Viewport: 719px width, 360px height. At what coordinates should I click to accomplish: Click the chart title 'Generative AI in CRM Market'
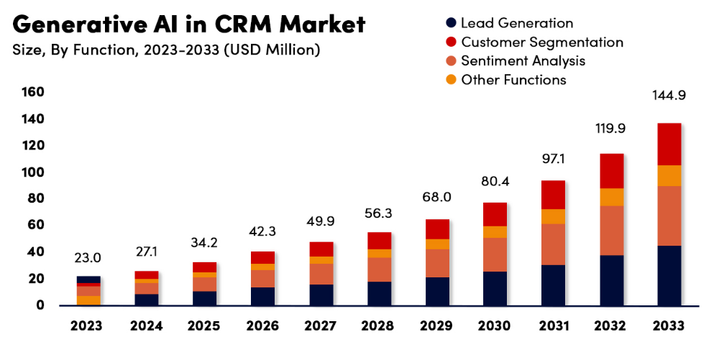pos(189,24)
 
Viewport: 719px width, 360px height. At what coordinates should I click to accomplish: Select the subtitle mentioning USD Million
pos(166,50)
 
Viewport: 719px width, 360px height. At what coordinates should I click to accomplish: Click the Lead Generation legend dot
pos(451,24)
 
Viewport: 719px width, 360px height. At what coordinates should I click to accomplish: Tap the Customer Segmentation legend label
pos(542,42)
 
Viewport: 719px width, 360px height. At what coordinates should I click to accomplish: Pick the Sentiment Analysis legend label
pos(523,61)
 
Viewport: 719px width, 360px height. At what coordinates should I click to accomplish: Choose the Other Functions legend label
pos(513,80)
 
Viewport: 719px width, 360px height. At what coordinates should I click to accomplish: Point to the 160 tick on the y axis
pos(33,92)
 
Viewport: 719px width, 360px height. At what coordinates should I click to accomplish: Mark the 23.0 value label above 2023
pos(88,257)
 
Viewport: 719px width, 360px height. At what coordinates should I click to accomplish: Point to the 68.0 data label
pos(437,197)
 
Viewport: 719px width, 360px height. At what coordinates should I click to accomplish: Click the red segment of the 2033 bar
pos(669,144)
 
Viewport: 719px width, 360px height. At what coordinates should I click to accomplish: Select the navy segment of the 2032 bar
pos(611,280)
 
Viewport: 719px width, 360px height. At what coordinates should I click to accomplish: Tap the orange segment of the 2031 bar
pos(553,216)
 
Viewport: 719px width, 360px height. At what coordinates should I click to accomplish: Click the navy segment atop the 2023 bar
pos(88,280)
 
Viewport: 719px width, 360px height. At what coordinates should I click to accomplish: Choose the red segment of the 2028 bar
pos(379,241)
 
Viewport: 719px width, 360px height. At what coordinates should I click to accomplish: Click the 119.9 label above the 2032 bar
pos(611,129)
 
